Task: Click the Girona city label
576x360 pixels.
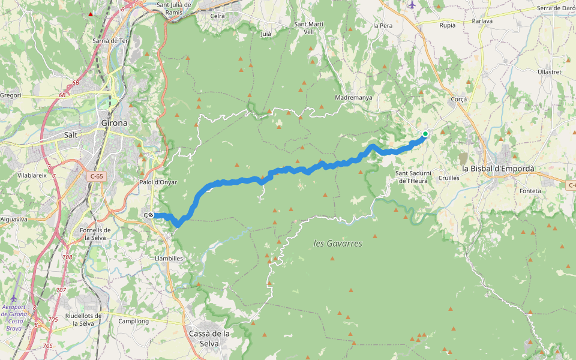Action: [113, 123]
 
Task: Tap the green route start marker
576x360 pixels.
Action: [425, 134]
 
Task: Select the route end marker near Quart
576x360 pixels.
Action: [151, 215]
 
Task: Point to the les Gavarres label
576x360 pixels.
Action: [338, 244]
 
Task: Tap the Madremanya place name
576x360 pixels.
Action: [355, 97]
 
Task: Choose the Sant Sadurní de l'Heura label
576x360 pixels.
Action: [412, 177]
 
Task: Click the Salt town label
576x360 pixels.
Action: [71, 135]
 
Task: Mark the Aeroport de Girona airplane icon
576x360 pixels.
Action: [14, 298]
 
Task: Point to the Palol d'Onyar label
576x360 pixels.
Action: [158, 182]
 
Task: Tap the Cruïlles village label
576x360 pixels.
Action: [449, 178]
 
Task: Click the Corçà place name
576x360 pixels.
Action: [458, 99]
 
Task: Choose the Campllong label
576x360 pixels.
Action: [133, 321]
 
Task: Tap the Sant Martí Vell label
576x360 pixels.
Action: [308, 28]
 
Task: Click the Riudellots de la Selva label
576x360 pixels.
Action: [83, 319]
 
